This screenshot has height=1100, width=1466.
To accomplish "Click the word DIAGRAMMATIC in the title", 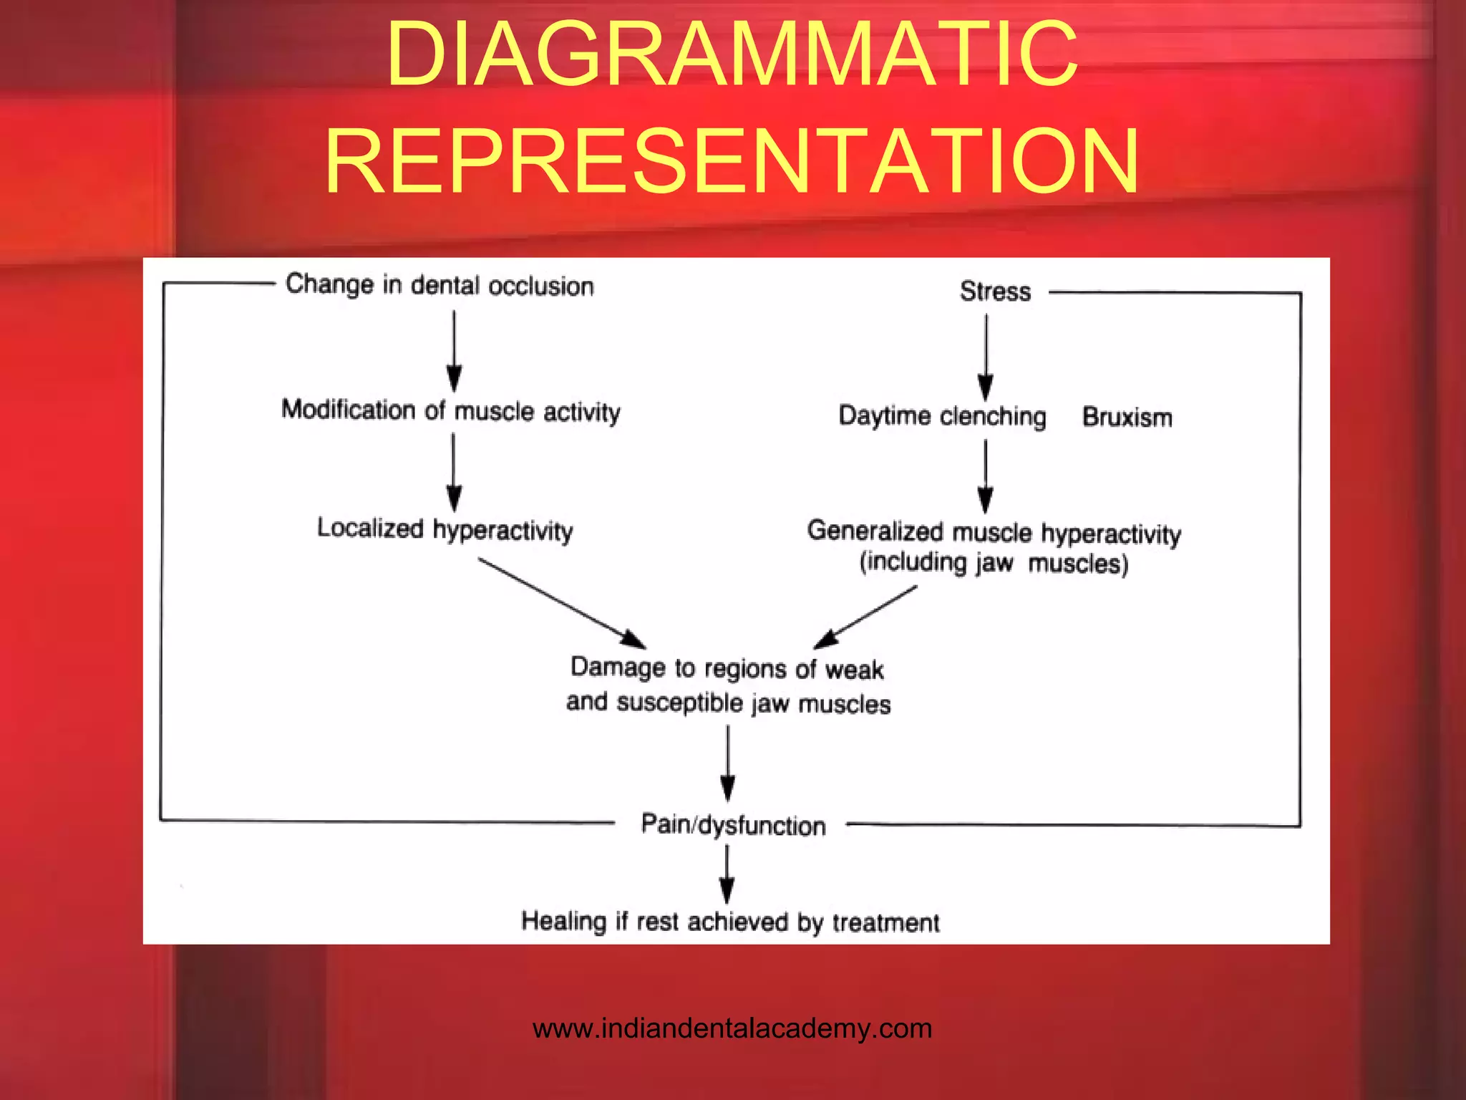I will click(x=732, y=54).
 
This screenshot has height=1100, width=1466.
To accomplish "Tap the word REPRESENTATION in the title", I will click(x=732, y=160).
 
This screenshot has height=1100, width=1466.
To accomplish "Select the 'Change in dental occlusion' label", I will click(x=440, y=285).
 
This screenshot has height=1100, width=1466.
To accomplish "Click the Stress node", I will click(x=995, y=291).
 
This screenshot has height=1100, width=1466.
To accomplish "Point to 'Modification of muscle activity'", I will click(x=451, y=411).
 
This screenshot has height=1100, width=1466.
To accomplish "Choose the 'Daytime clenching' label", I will click(x=942, y=416).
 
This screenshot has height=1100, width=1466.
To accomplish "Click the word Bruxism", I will click(x=1127, y=417).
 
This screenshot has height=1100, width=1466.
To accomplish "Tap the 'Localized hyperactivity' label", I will click(x=445, y=530).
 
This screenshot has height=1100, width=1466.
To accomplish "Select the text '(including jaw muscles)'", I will click(x=994, y=563).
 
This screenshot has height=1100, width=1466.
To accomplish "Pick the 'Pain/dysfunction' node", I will click(x=733, y=825).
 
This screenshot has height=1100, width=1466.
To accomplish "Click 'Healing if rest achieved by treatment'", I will click(x=730, y=922).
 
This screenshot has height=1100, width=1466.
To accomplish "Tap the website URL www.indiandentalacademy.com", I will click(x=732, y=1028).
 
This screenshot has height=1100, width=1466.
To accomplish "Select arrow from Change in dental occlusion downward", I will click(x=454, y=350).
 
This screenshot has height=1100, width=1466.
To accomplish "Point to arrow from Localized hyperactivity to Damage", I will click(x=562, y=604).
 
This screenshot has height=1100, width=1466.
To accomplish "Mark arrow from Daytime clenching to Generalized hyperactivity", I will click(x=986, y=476).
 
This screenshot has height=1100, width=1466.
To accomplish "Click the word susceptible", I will click(x=679, y=703).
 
